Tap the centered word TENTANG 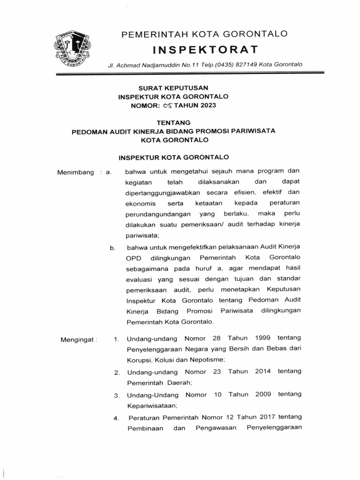(173, 122)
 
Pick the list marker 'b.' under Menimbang (113, 248)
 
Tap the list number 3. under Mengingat (117, 396)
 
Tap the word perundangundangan (157, 213)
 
